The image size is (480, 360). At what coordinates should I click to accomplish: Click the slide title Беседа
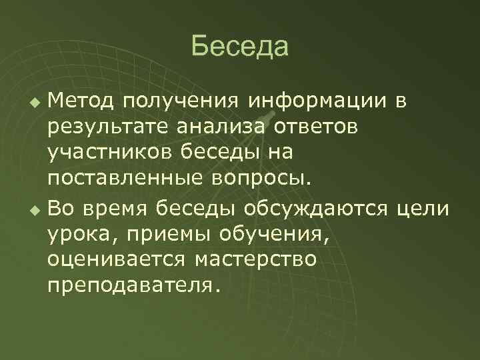point(239,47)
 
